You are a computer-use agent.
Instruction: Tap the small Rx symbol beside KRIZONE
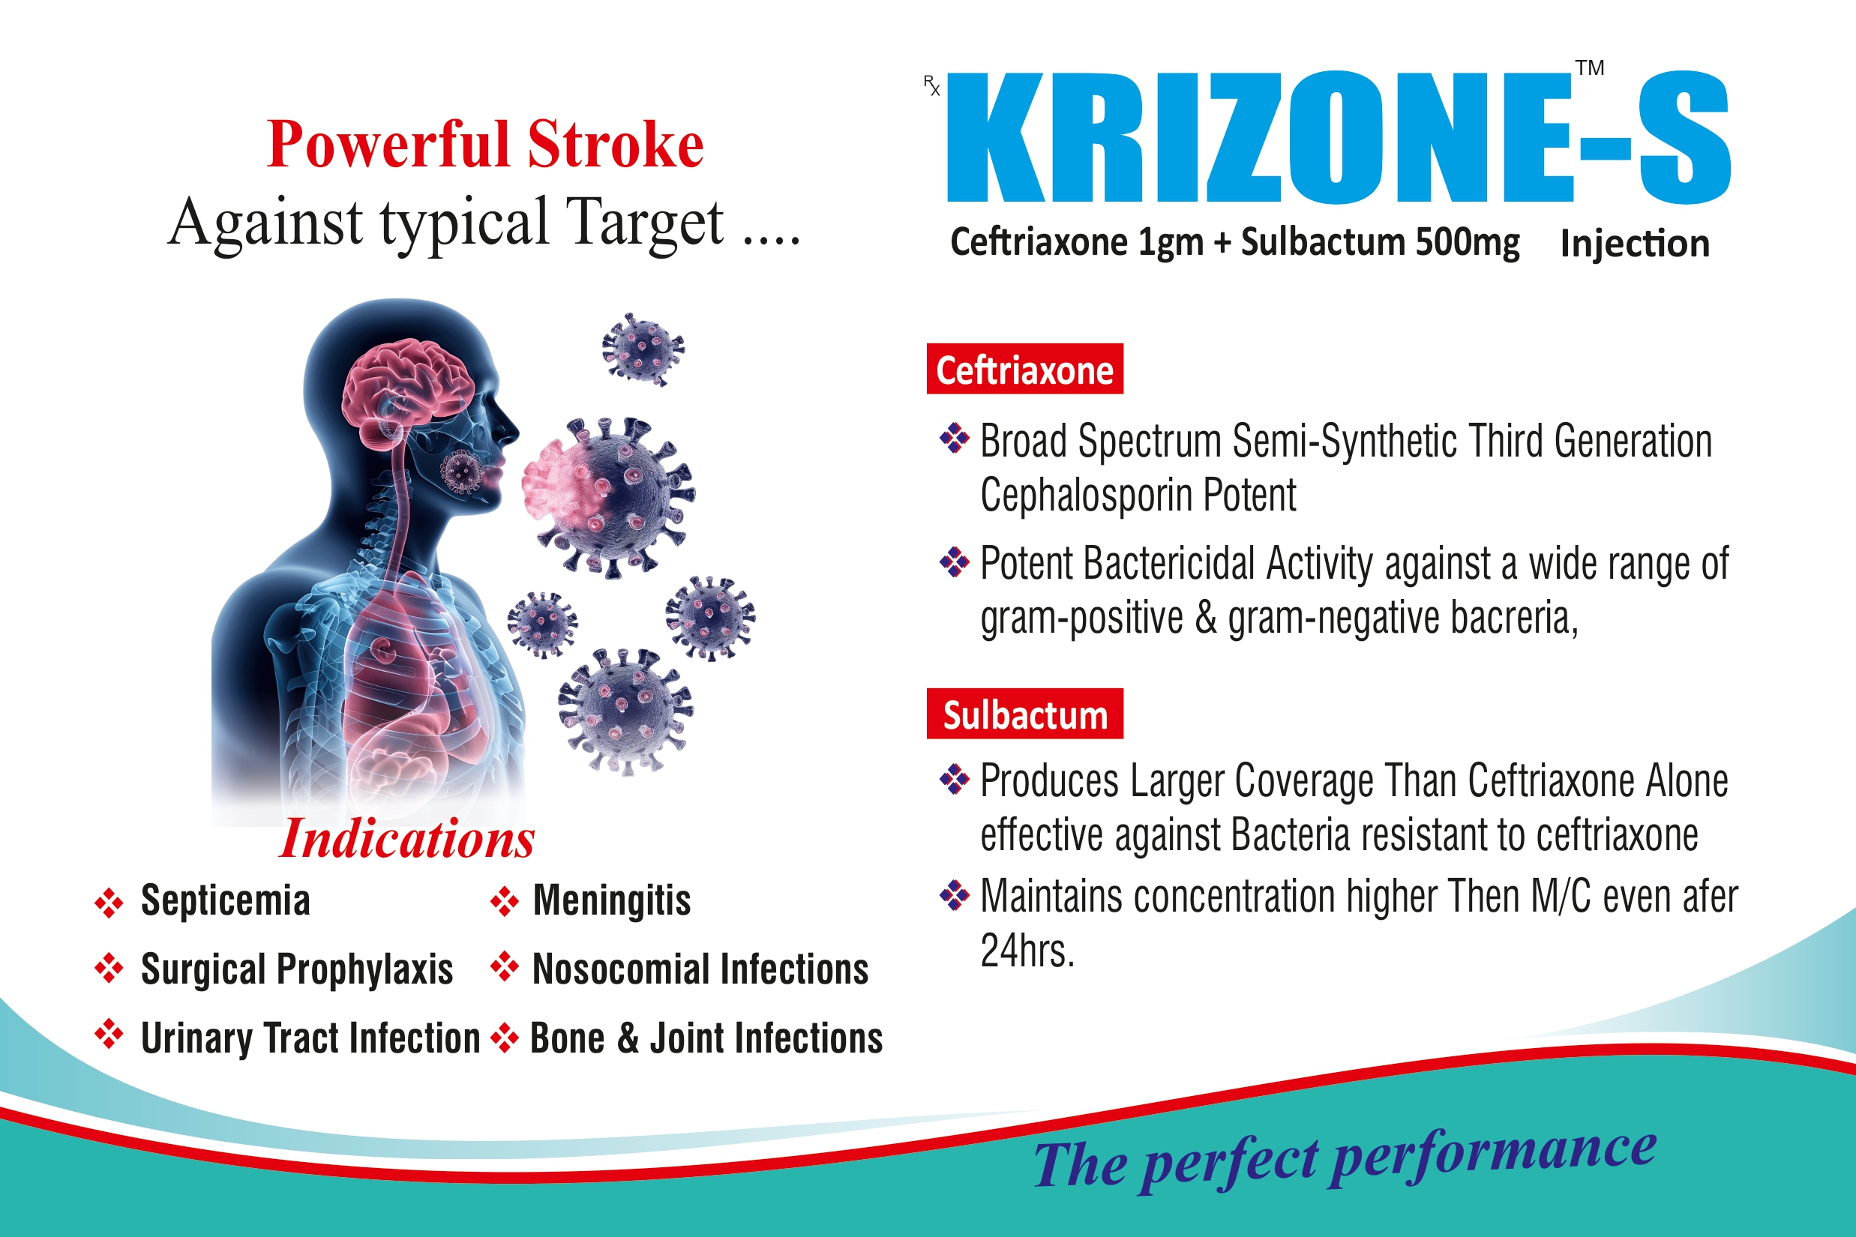tap(932, 85)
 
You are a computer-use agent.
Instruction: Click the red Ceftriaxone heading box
tap(1024, 369)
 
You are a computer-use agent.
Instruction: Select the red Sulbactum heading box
tap(1024, 714)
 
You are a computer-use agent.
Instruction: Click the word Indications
tap(407, 838)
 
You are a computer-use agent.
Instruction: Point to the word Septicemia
tap(225, 900)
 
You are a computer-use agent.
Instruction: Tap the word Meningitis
tap(612, 900)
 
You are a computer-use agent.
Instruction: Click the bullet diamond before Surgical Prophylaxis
tap(109, 968)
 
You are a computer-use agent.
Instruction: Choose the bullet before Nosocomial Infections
tap(504, 968)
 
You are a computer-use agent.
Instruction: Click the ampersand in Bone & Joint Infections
tap(628, 1038)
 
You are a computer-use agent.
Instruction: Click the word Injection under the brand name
tap(1634, 244)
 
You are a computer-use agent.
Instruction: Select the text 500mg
tap(1467, 242)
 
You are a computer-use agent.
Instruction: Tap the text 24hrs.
tap(1027, 951)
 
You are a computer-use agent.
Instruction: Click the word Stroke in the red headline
tap(616, 145)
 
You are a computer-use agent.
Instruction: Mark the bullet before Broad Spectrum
tap(954, 439)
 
